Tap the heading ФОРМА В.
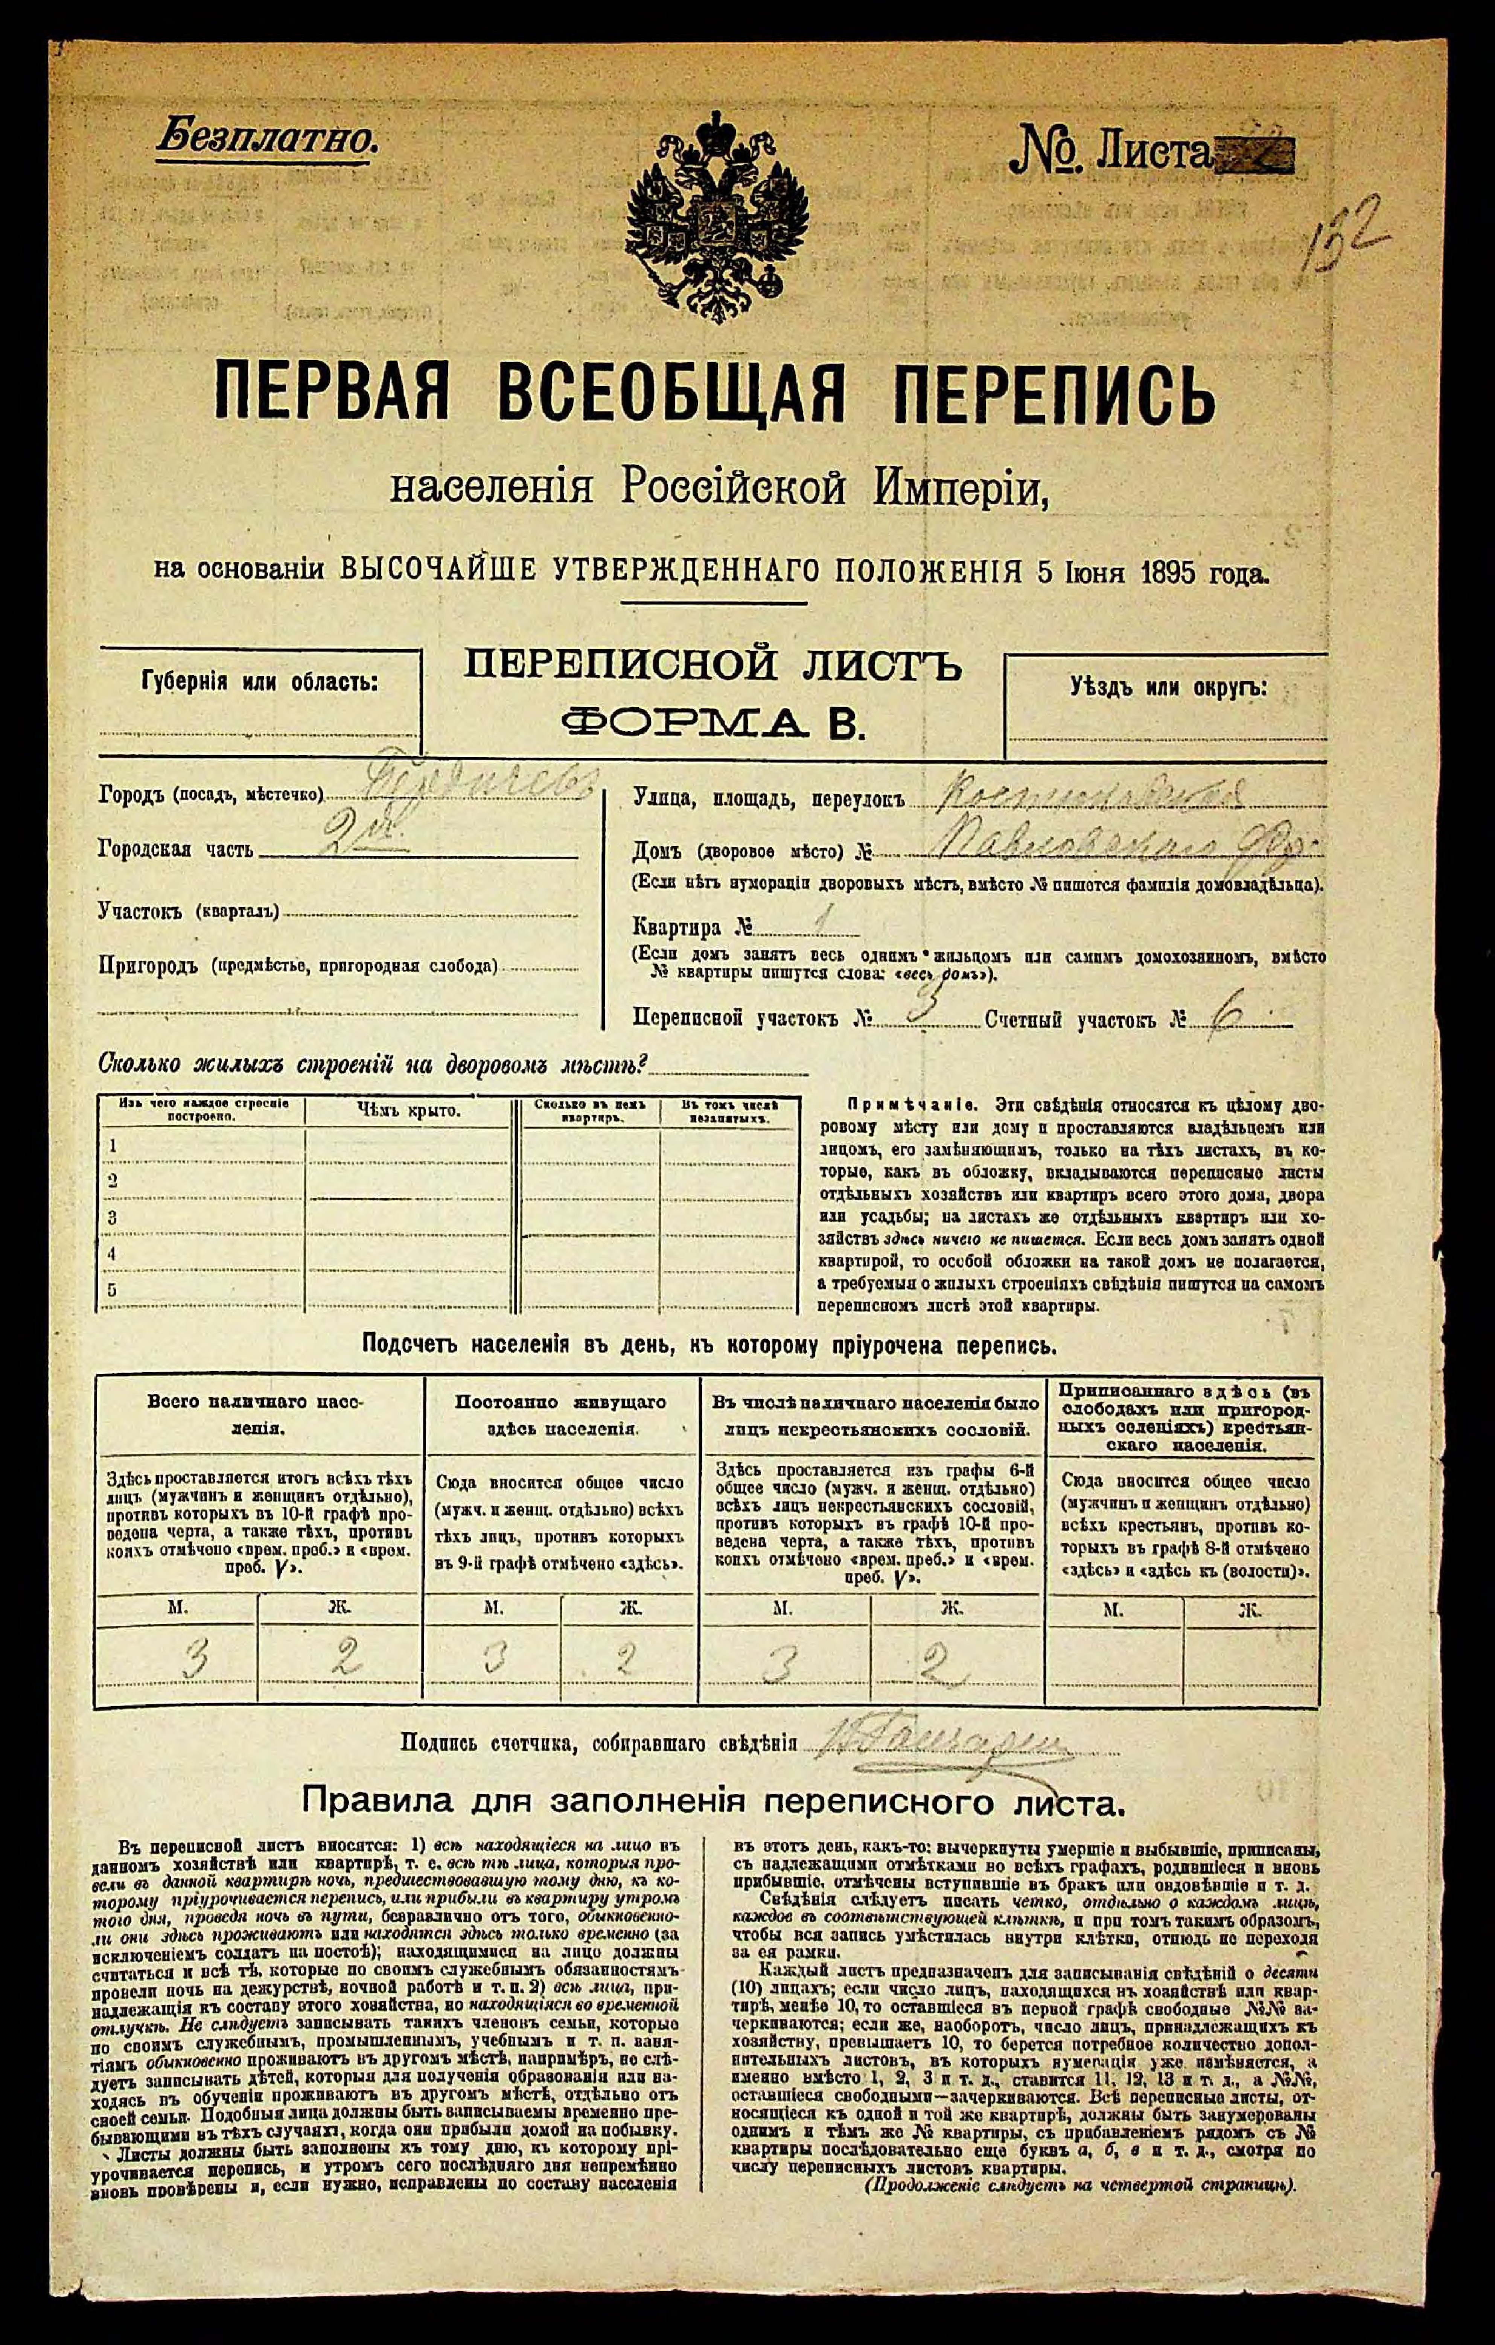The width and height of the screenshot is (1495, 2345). pos(714,723)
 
